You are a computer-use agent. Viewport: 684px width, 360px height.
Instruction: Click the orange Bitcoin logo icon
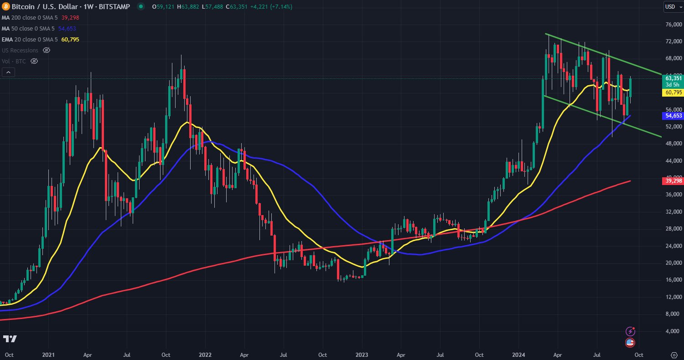[5, 7]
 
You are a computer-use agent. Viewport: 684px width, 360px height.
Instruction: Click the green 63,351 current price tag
[672, 78]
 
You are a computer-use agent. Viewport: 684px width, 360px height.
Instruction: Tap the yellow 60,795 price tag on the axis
[672, 93]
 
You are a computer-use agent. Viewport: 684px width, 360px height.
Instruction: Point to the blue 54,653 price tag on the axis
[672, 116]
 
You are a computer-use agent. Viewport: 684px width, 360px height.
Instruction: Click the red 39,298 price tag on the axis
[672, 181]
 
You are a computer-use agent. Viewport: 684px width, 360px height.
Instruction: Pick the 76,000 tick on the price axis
[674, 25]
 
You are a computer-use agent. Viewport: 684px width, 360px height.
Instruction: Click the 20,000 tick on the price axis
[674, 263]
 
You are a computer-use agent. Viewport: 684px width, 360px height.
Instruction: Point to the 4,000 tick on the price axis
[674, 331]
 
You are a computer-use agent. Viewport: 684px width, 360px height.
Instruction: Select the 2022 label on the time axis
[205, 354]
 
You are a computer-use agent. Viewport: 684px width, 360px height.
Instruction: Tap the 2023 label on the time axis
[362, 354]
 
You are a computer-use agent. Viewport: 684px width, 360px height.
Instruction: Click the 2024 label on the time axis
[519, 354]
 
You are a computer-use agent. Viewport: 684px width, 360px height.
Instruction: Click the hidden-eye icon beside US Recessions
[46, 50]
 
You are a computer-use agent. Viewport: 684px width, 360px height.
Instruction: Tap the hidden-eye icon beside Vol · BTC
[34, 61]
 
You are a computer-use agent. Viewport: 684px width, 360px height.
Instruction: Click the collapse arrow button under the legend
[8, 72]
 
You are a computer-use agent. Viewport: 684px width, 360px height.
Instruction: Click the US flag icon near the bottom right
[630, 343]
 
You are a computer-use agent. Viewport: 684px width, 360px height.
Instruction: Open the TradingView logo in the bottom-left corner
[10, 339]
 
